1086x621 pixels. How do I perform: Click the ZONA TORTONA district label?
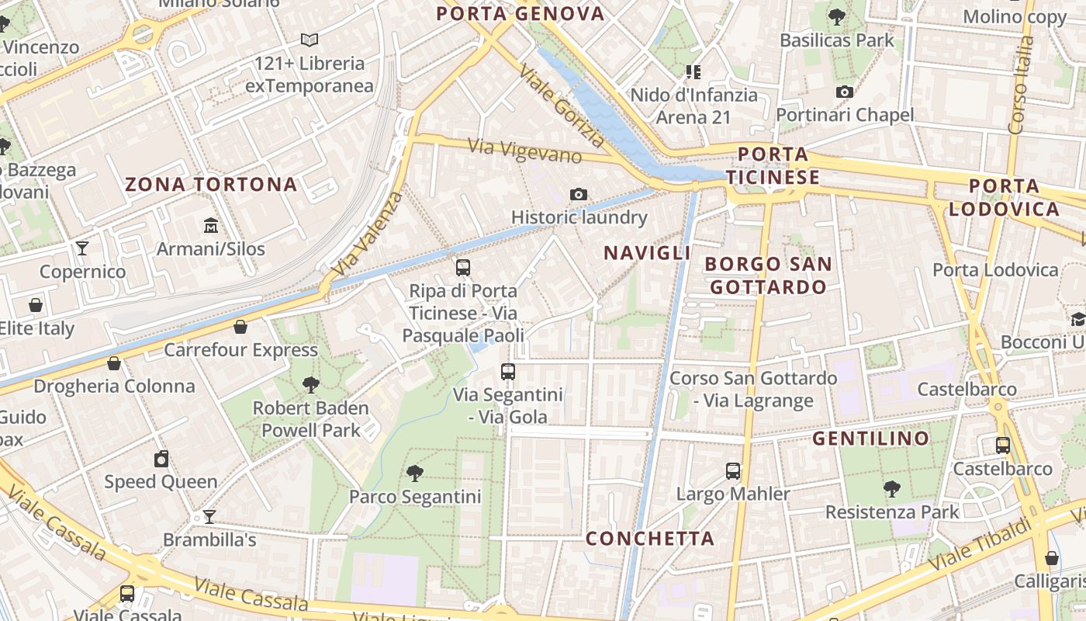211,185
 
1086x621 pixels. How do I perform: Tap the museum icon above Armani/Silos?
210,226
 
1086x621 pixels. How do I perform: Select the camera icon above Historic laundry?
578,194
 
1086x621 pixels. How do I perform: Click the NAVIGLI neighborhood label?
647,253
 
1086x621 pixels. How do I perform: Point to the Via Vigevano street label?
524,151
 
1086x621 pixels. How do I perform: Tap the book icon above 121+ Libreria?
310,40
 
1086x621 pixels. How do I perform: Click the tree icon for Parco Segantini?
415,473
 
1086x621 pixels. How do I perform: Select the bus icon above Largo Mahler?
733,470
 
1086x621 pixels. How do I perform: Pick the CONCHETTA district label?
650,539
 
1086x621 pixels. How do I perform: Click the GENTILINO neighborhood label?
870,439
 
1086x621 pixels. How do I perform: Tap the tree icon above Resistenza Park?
892,488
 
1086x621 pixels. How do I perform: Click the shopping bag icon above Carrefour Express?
240,327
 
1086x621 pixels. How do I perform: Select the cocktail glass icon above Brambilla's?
209,516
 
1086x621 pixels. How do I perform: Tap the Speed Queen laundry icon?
161,459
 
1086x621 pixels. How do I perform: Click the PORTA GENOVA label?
520,13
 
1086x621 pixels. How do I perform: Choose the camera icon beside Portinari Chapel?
845,92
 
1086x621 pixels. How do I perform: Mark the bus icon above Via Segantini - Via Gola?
508,371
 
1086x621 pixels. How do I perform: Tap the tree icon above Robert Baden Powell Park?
310,384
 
